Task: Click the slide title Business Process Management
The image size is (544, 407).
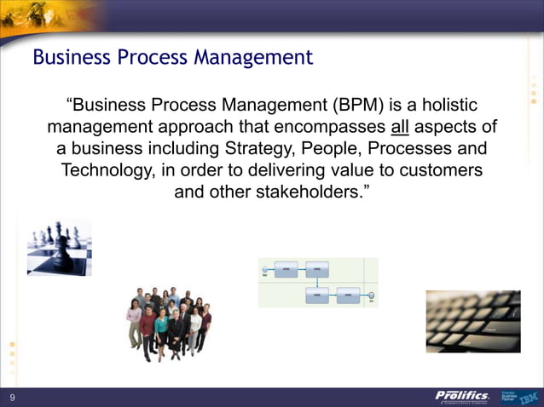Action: click(x=172, y=58)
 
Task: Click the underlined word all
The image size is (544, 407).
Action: click(x=400, y=128)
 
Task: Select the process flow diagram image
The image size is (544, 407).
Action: click(x=317, y=282)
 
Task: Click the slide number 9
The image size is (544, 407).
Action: click(x=13, y=398)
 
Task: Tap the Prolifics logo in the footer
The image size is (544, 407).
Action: click(x=462, y=396)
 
